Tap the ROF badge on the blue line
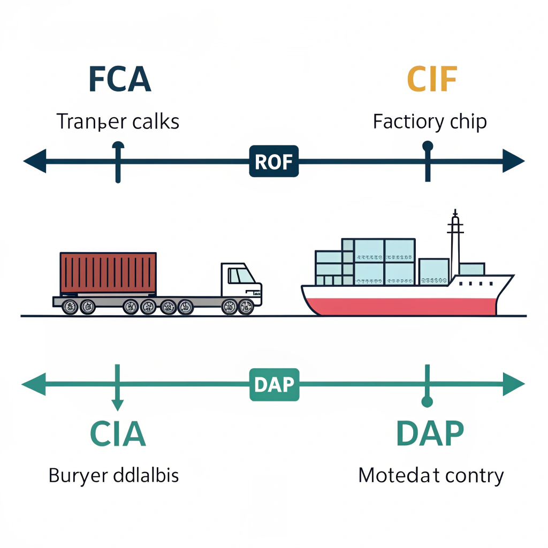coord(274,161)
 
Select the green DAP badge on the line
coord(274,385)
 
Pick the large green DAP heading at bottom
coord(430,434)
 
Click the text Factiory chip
coord(430,122)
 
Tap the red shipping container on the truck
coord(109,273)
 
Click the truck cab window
coord(241,276)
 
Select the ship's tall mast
coord(455,241)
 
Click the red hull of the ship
coord(401,307)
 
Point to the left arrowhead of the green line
coord(33,385)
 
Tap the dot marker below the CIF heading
coord(427,146)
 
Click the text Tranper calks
coord(118,122)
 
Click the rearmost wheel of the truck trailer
coord(70,307)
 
